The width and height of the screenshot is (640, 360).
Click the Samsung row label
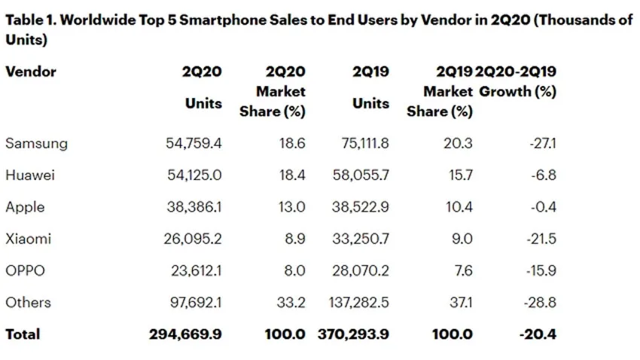click(x=36, y=144)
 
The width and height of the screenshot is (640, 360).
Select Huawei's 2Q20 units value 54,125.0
click(x=194, y=175)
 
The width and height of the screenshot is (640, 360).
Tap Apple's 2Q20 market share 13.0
click(x=292, y=207)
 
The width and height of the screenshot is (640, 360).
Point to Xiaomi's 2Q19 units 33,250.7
click(x=361, y=239)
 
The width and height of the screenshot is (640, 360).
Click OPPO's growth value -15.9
click(x=541, y=270)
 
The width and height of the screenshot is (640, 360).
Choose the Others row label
click(x=28, y=303)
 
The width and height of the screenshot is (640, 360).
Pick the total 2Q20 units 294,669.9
click(x=185, y=334)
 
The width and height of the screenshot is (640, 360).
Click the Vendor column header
click(x=31, y=72)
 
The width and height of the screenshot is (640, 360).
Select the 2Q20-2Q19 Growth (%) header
click(x=517, y=81)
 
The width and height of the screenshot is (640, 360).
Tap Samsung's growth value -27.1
click(x=544, y=143)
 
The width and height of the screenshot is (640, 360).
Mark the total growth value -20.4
click(x=538, y=334)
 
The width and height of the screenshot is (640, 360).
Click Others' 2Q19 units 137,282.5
click(x=358, y=303)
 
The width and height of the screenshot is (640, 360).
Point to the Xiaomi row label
click(x=28, y=239)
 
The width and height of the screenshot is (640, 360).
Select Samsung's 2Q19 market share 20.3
click(x=458, y=143)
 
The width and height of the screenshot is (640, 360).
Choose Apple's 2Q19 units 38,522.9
click(x=361, y=207)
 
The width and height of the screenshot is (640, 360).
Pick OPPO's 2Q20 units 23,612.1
click(x=197, y=270)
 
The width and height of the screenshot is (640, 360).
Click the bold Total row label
click(x=23, y=334)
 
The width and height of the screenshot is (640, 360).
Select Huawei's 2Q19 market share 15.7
click(x=461, y=175)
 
